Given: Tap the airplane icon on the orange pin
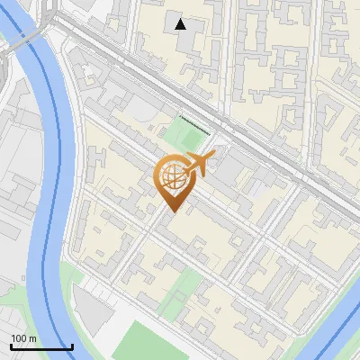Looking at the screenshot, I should (x=198, y=165).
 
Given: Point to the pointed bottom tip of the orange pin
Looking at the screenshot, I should (x=171, y=212).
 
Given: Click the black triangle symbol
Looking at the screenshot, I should (x=182, y=24).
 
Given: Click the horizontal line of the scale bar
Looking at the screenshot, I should (x=41, y=346).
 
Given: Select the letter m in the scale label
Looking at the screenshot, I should (x=32, y=338).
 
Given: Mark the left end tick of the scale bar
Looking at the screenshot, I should (x=11, y=345).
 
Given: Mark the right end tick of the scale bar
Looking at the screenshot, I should (x=72, y=345).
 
